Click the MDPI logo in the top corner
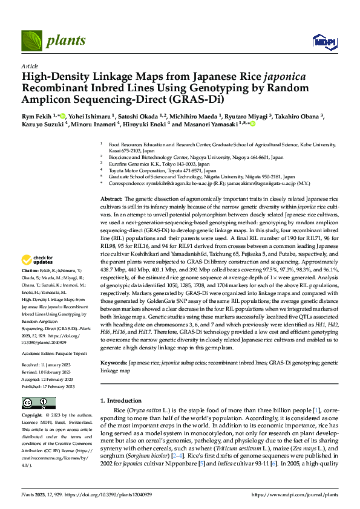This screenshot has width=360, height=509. [x=320, y=41]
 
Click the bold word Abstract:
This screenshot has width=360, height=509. [x=111, y=199]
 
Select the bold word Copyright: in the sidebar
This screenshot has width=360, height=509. [x=32, y=416]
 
